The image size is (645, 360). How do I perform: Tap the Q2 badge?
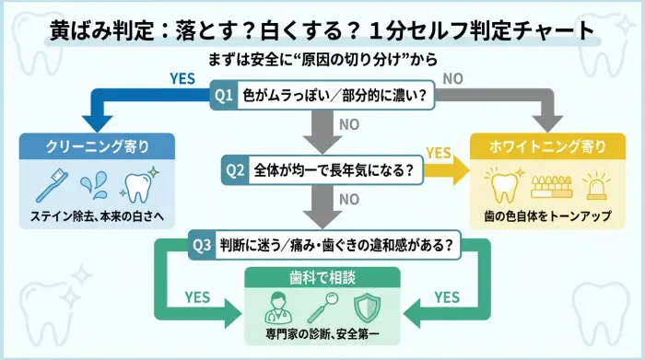coord(236,170)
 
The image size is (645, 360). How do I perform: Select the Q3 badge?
coord(202,246)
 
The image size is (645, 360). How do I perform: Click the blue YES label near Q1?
coord(182,79)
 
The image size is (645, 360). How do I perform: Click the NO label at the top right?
coord(452,79)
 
